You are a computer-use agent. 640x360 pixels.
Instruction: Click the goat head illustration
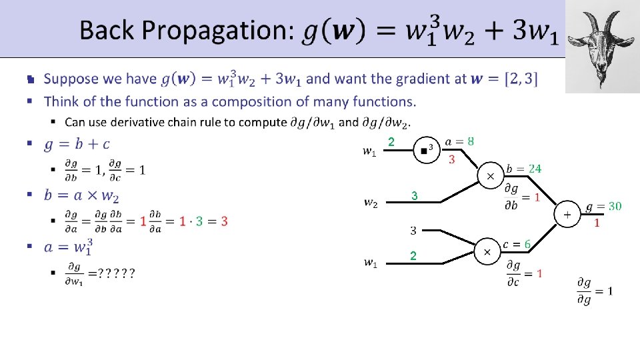601,47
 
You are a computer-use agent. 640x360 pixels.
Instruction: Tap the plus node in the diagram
567,215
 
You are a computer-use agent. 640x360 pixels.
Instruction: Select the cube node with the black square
424,151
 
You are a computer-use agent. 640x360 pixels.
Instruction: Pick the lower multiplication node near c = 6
487,252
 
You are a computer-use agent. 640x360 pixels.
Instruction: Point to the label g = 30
603,207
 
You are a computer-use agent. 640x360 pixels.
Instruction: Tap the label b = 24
523,169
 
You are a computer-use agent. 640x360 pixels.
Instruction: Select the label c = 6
516,245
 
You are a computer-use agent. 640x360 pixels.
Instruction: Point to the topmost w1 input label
369,153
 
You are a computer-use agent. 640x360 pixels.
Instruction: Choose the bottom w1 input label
369,263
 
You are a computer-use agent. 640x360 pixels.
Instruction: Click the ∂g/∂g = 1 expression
595,291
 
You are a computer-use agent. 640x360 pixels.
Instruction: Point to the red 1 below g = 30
597,223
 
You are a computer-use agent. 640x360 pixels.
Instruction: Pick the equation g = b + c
77,144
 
